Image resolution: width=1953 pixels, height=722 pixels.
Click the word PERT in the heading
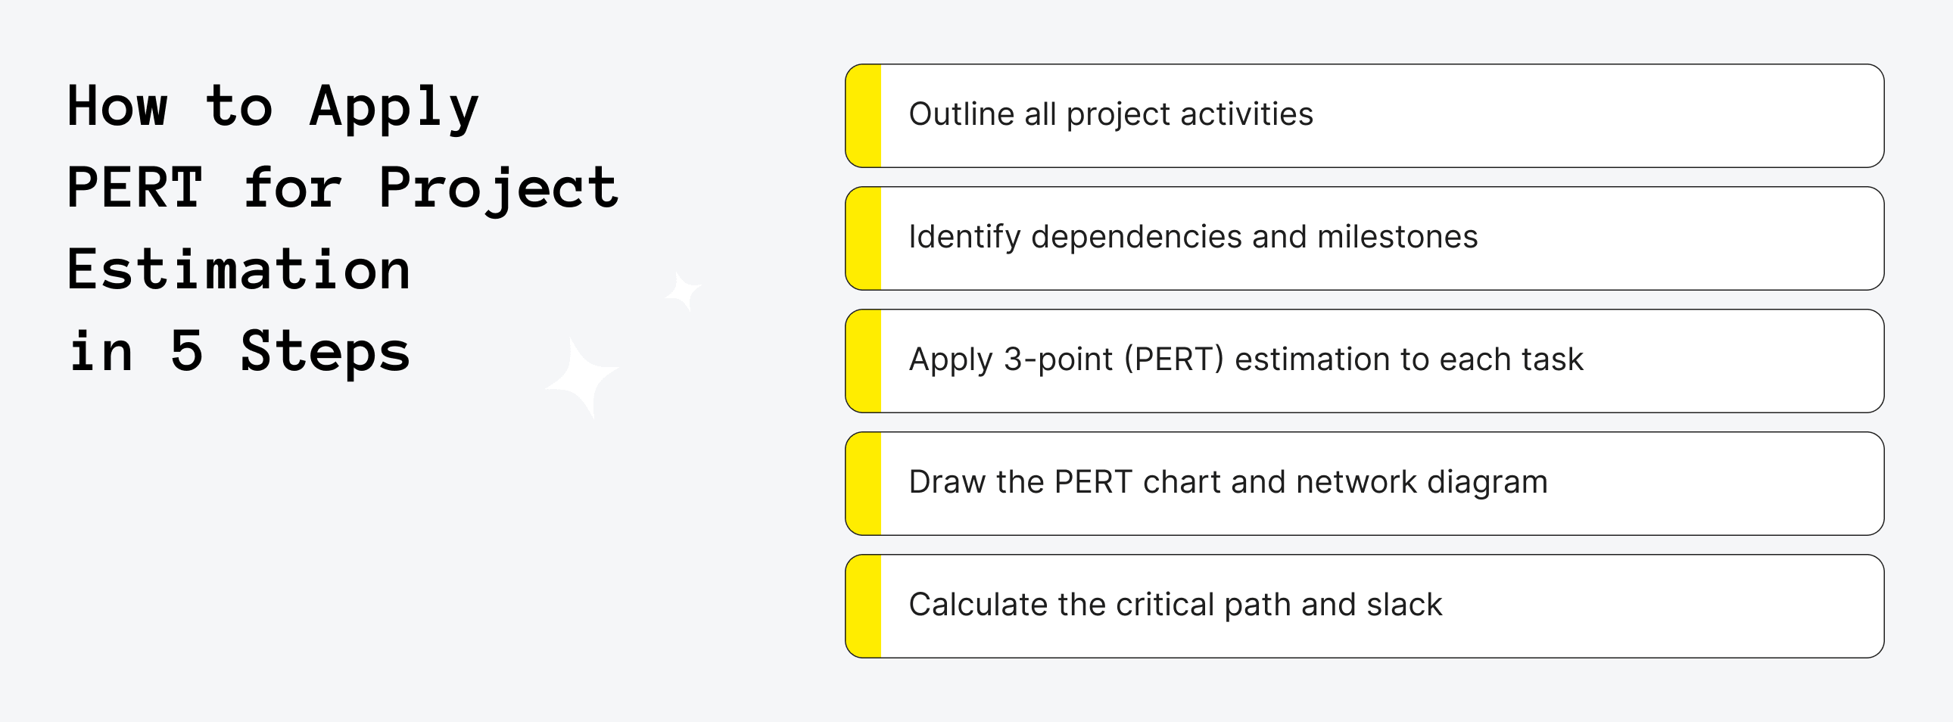click(135, 187)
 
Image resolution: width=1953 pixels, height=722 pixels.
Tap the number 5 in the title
click(186, 350)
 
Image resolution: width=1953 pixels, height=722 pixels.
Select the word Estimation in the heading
click(238, 269)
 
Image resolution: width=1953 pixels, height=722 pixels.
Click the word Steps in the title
click(325, 352)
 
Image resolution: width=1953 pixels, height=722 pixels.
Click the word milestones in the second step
click(1397, 237)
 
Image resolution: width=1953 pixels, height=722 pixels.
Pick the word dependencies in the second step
click(1135, 238)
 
